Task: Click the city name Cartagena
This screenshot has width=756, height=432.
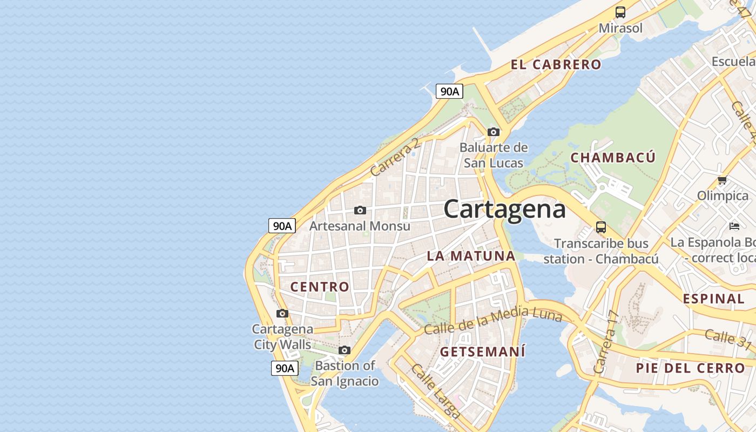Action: coord(504,210)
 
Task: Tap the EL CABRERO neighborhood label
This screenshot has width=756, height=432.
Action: coord(556,65)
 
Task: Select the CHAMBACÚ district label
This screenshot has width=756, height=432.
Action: coord(613,158)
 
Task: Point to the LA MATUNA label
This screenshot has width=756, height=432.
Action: coord(471,256)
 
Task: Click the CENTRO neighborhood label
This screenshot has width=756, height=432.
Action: coord(320,287)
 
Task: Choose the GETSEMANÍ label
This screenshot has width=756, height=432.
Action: coord(482,352)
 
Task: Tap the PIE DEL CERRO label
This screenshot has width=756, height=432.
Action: coord(690,368)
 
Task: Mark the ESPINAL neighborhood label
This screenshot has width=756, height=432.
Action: coord(713,299)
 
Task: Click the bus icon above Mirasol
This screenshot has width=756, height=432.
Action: coord(620,12)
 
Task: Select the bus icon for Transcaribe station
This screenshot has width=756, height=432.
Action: coord(601,227)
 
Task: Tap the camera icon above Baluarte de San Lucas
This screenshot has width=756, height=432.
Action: coord(493,132)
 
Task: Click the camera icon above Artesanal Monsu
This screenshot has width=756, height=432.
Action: coord(360,210)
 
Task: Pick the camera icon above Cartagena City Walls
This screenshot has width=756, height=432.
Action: coord(282,313)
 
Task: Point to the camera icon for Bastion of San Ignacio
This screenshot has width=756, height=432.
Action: coord(345,350)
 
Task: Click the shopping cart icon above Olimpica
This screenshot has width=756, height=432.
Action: coord(722,180)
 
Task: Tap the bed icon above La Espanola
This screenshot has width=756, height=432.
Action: coord(734,226)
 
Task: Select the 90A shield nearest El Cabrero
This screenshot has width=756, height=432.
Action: coord(449,92)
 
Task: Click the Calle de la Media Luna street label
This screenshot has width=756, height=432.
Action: coord(493,319)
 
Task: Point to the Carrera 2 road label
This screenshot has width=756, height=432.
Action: coord(395,157)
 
